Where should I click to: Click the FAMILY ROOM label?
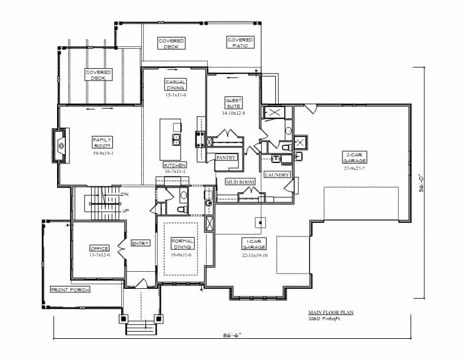(x=102, y=142)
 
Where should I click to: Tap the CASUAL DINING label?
(x=175, y=85)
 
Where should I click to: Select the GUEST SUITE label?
(x=234, y=104)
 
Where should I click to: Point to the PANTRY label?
(x=226, y=158)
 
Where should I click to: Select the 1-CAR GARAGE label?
(x=254, y=244)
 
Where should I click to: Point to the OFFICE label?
(x=98, y=249)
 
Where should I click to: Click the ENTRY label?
(x=141, y=243)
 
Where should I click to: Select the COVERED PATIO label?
(x=241, y=42)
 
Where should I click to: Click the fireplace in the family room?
(x=61, y=145)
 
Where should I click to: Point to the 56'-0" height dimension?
(x=421, y=183)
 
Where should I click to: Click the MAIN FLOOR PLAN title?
(x=331, y=313)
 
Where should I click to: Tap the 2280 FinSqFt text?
(x=323, y=319)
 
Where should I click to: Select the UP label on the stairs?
(x=125, y=211)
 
